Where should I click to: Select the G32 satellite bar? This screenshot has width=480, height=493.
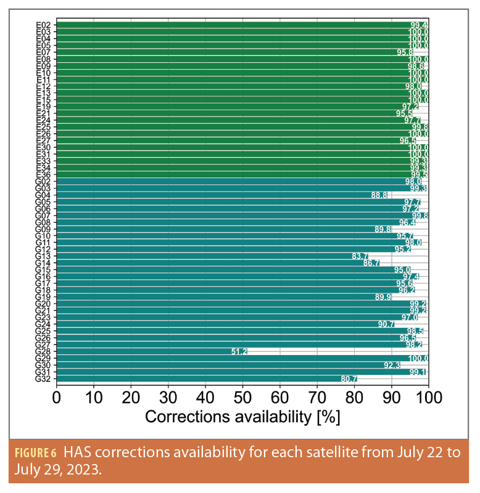pyautogui.click(x=204, y=378)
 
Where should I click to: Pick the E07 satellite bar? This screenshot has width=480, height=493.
pyautogui.click(x=228, y=52)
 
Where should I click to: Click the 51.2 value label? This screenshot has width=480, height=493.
pyautogui.click(x=239, y=351)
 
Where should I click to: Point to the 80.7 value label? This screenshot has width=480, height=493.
pyautogui.click(x=349, y=378)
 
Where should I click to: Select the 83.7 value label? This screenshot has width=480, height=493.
pyautogui.click(x=360, y=256)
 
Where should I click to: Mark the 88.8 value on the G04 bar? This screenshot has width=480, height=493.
pyautogui.click(x=379, y=195)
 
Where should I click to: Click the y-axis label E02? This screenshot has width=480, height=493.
pyautogui.click(x=44, y=25)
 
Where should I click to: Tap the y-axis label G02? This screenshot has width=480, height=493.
pyautogui.click(x=44, y=182)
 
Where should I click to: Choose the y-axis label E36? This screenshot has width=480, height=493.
pyautogui.click(x=44, y=175)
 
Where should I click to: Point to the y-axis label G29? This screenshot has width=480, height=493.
pyautogui.click(x=44, y=358)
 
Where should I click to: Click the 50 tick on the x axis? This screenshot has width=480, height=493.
pyautogui.click(x=242, y=395)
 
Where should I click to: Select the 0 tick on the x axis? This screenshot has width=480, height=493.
pyautogui.click(x=57, y=395)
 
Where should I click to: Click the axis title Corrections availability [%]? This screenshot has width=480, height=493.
pyautogui.click(x=242, y=417)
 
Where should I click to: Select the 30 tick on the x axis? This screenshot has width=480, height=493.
pyautogui.click(x=168, y=395)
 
